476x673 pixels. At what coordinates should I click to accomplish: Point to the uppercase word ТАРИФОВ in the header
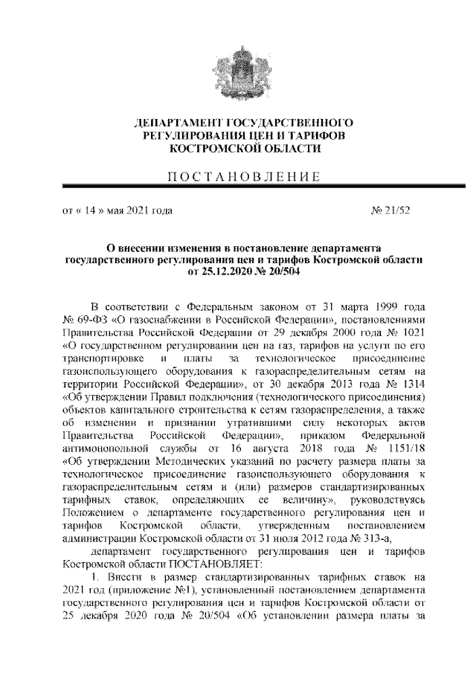[318, 136]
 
